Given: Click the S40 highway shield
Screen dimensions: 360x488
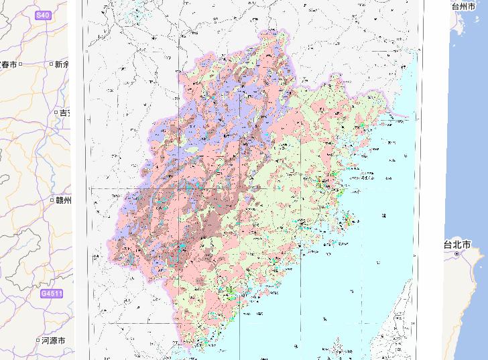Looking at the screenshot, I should pyautogui.click(x=42, y=15).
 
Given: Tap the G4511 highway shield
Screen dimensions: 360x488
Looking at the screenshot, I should pyautogui.click(x=52, y=294).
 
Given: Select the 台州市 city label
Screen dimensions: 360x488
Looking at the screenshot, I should pyautogui.click(x=463, y=6).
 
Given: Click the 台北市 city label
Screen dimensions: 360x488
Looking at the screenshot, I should pyautogui.click(x=456, y=245).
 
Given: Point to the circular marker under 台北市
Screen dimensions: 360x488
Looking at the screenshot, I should pyautogui.click(x=457, y=254).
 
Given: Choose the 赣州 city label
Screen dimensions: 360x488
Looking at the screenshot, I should pyautogui.click(x=64, y=200).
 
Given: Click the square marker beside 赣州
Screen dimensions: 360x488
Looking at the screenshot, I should pyautogui.click(x=52, y=200).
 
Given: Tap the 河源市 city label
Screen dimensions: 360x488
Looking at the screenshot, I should pyautogui.click(x=53, y=341).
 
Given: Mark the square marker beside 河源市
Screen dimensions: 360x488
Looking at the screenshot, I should pyautogui.click(x=38, y=341).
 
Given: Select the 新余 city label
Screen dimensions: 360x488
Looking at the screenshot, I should pyautogui.click(x=62, y=64).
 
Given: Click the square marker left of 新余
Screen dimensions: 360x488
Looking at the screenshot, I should pyautogui.click(x=51, y=64).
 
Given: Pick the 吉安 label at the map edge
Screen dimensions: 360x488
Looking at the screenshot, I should pyautogui.click(x=65, y=113).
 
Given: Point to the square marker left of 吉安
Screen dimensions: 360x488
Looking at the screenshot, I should pyautogui.click(x=56, y=113).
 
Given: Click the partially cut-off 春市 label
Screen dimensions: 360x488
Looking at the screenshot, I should pyautogui.click(x=9, y=64).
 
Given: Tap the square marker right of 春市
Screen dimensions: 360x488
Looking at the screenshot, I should pyautogui.click(x=21, y=64).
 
